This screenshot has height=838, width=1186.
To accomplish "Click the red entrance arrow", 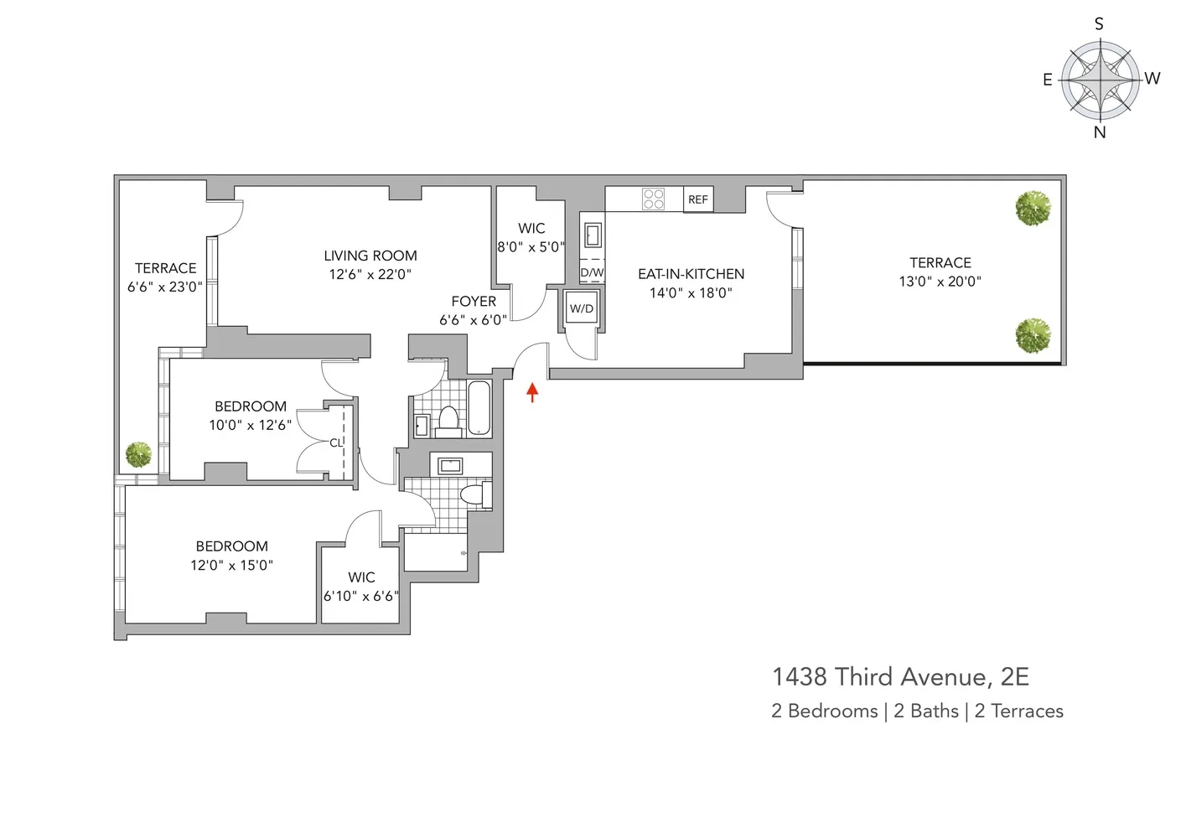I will (531, 391).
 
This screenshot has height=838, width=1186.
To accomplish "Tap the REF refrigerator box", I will (697, 199).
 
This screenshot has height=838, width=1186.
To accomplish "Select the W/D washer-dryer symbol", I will (581, 308).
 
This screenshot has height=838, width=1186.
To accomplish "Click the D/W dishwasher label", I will (592, 272).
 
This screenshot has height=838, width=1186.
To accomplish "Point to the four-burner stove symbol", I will (653, 199).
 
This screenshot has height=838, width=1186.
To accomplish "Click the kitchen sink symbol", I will (593, 234).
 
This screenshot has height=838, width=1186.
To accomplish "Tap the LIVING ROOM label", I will (370, 256).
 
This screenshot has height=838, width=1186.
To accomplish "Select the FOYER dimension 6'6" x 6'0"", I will (473, 320).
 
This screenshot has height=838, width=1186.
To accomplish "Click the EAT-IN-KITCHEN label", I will (691, 274).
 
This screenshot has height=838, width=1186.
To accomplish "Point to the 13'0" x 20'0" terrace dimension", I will (940, 282).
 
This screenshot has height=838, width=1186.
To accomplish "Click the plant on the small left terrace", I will (138, 455).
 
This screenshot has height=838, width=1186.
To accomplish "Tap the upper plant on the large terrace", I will (1033, 208).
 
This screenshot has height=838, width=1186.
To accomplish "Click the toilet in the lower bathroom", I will (475, 494).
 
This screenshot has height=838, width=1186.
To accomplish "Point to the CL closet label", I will (335, 442).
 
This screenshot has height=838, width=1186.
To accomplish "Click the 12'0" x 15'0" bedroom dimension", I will (231, 566).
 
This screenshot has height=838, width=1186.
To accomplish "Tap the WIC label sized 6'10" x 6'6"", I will (361, 577).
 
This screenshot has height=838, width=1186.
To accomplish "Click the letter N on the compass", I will (1100, 132).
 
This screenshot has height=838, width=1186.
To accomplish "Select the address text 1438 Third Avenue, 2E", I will (900, 677).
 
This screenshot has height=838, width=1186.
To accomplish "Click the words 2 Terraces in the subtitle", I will (1018, 711).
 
